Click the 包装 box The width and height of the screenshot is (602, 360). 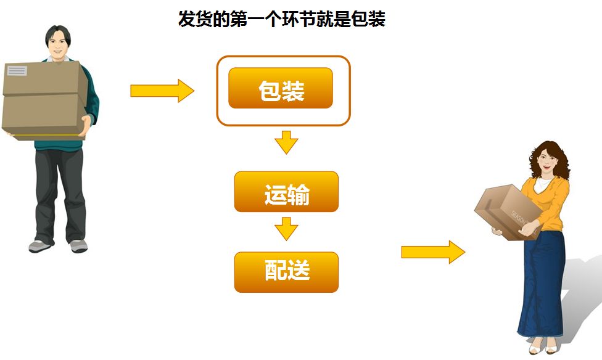click(281, 88)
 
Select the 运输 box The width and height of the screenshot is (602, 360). click(286, 192)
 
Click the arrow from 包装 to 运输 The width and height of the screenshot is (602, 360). click(286, 142)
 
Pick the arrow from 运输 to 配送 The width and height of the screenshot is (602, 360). click(286, 228)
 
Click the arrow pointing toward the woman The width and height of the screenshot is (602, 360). click(432, 252)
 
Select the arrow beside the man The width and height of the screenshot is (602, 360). click(162, 91)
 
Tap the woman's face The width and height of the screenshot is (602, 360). click(546, 162)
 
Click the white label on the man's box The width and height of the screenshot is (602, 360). click(17, 71)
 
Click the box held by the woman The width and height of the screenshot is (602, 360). click(506, 210)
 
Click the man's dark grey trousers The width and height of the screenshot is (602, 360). click(58, 191)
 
